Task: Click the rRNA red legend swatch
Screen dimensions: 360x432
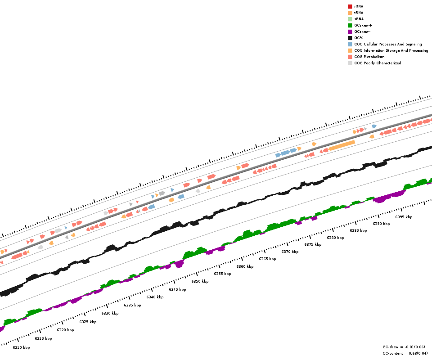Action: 350,6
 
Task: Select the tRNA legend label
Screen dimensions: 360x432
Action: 359,13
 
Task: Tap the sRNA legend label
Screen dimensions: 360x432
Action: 359,19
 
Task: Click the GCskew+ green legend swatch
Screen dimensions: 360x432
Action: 350,25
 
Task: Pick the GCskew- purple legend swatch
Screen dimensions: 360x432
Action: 350,31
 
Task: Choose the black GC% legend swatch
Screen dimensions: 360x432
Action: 350,38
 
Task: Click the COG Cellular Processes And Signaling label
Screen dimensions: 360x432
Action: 388,44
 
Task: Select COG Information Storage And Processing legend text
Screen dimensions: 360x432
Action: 391,50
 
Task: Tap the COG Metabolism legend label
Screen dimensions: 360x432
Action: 369,57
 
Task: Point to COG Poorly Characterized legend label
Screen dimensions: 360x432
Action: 378,63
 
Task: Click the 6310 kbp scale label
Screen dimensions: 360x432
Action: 21,347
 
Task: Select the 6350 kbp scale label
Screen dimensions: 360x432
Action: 200,281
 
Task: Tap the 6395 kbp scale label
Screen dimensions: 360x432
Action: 404,217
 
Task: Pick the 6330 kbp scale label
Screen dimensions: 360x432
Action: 110,313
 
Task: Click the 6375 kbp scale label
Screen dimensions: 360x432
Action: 313,244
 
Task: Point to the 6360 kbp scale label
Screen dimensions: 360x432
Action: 245,266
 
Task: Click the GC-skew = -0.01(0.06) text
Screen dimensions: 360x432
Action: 404,347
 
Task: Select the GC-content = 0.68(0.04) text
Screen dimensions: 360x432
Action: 405,353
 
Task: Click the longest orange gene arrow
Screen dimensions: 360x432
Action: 342,145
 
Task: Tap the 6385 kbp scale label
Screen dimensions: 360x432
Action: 358,230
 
